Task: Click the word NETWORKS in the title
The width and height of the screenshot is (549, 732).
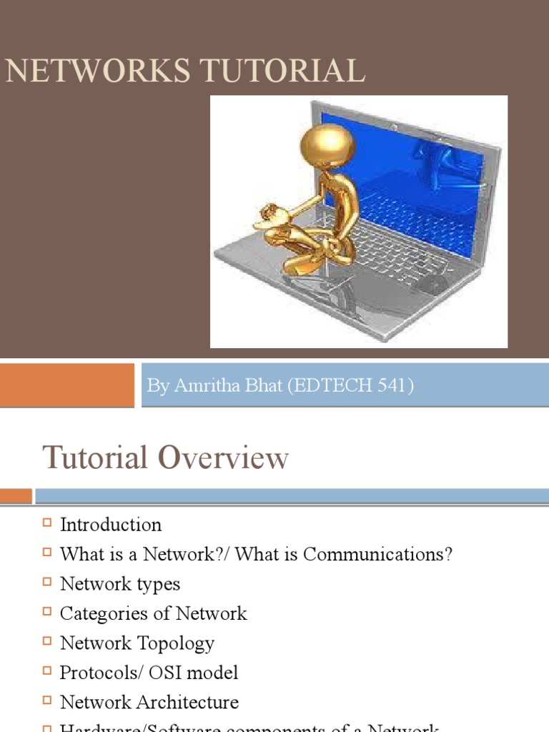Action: coord(87,71)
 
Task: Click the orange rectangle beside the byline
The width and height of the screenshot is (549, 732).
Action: coord(66,385)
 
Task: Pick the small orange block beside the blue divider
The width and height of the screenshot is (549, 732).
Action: coord(16,495)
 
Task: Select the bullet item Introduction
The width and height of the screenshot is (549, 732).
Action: coord(111,525)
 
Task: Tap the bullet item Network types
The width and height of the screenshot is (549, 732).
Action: coord(120,584)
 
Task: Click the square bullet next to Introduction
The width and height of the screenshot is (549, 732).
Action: coord(47,523)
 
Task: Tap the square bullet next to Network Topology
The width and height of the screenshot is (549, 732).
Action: coord(47,641)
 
